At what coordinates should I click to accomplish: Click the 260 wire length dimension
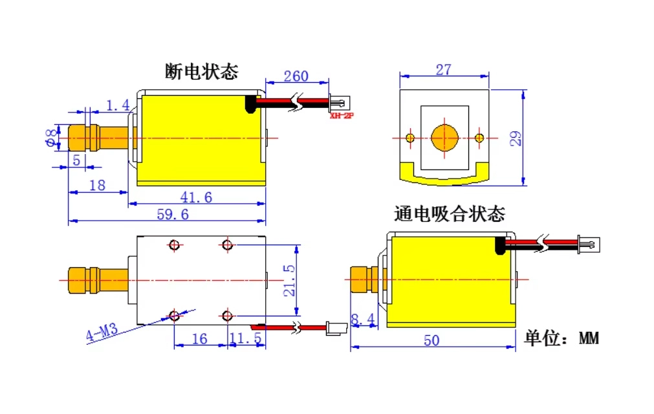point(296,76)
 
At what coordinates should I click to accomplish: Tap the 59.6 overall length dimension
point(173,214)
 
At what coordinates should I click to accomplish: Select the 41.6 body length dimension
point(196,197)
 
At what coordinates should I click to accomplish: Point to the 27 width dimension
point(443,70)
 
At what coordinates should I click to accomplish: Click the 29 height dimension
point(516,138)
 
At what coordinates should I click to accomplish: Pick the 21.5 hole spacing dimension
point(289,281)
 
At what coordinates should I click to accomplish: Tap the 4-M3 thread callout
point(102,332)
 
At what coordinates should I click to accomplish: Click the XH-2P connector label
point(342,116)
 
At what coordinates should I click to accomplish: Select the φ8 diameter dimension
point(50,138)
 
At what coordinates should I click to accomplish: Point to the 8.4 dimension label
point(362,320)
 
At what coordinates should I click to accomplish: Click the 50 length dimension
point(431,341)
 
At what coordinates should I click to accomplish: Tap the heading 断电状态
point(201,71)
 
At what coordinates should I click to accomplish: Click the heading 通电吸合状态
point(449,213)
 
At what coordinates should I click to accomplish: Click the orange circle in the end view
point(444,138)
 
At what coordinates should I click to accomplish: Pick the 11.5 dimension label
point(246,338)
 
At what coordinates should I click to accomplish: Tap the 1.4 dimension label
point(118,105)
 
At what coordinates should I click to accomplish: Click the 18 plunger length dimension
point(97,186)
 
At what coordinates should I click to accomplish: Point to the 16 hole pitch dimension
point(199,338)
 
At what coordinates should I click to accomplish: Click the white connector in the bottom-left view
point(336,329)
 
